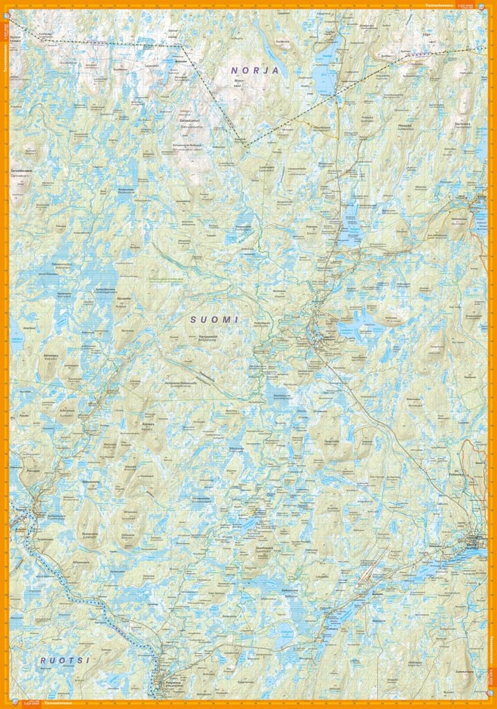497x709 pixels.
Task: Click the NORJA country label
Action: tap(255, 70)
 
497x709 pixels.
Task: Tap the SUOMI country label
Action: tap(215, 320)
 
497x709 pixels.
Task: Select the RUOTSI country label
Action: tap(55, 661)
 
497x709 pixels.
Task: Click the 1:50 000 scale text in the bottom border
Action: tap(30, 703)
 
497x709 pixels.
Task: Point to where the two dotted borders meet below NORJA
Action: tap(245, 146)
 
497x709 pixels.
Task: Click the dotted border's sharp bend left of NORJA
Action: tap(182, 46)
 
